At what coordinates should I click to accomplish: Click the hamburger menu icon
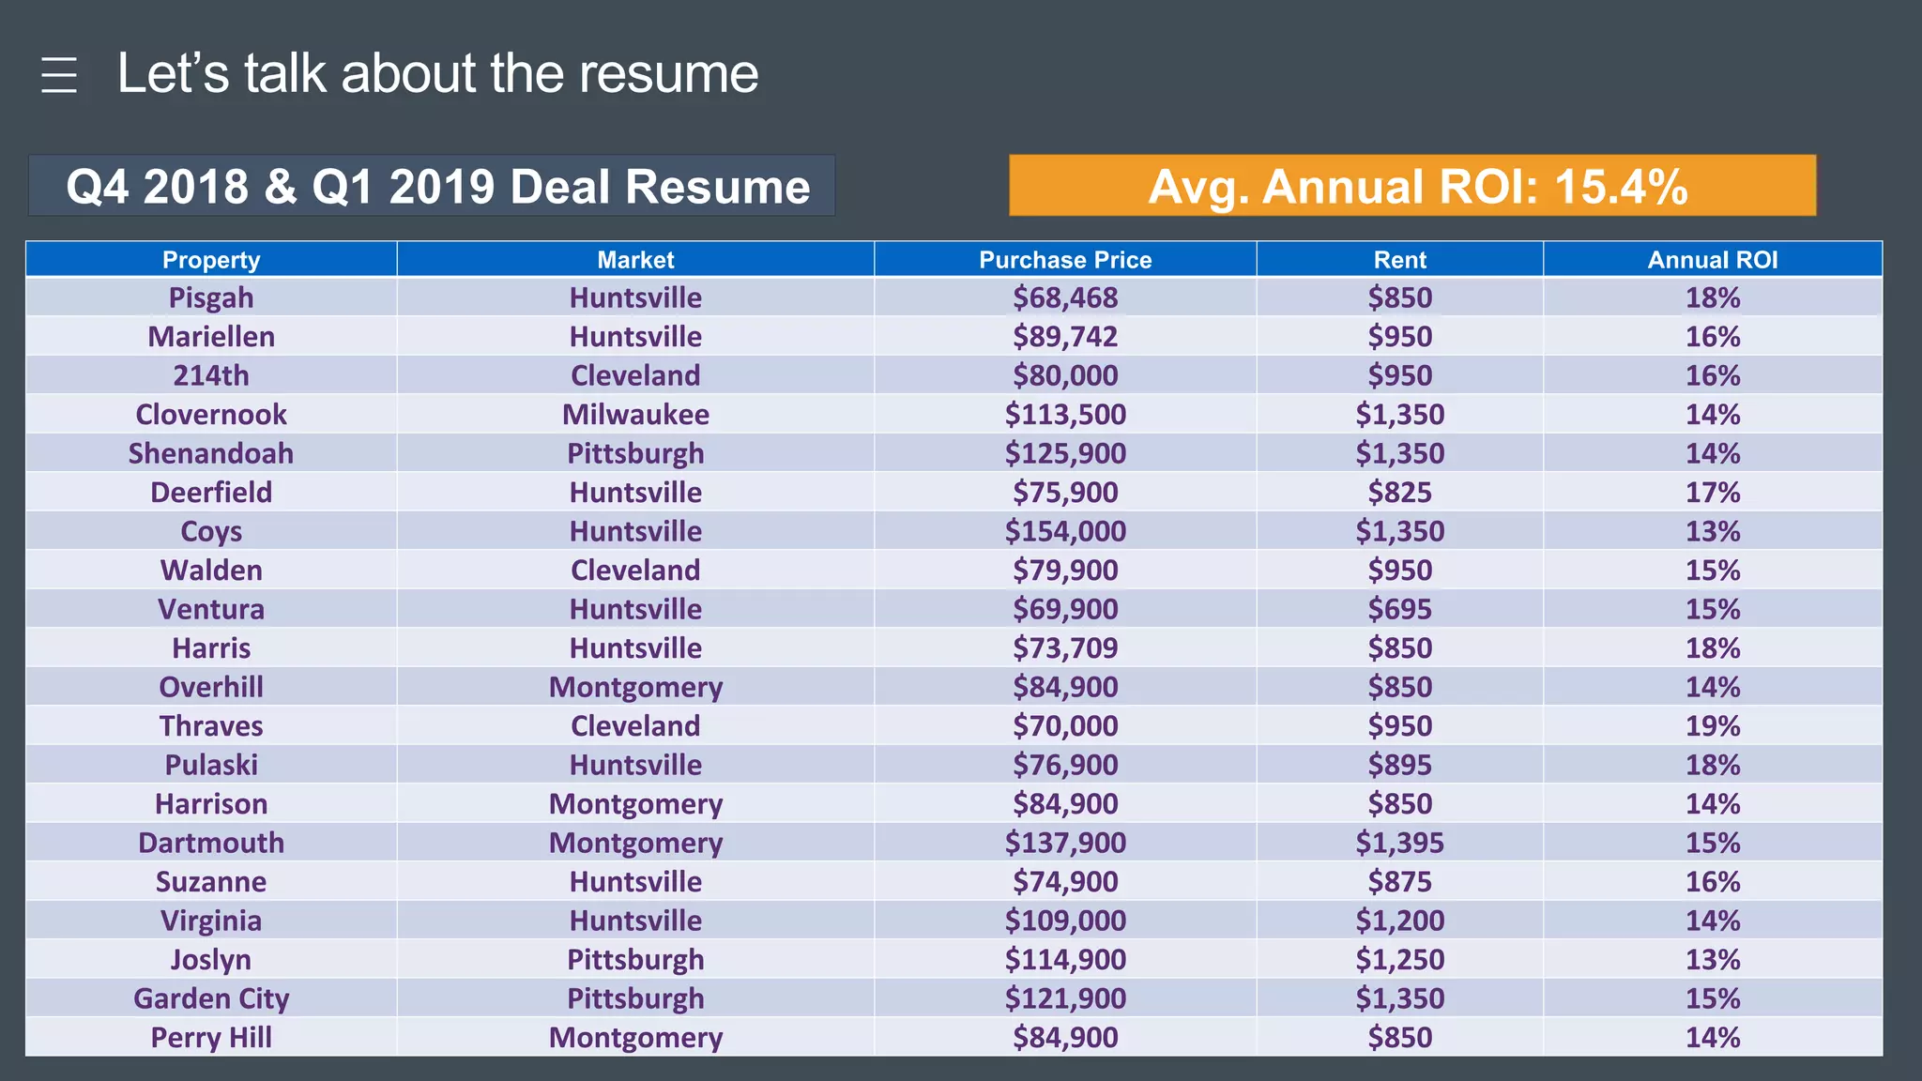point(59,75)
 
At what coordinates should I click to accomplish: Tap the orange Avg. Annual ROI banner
point(1412,186)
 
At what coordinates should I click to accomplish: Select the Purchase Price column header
point(1065,260)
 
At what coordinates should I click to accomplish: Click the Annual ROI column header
point(1713,260)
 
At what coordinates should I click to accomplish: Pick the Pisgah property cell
point(211,297)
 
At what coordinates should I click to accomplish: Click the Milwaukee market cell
point(635,415)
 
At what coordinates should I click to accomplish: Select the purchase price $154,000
point(1065,531)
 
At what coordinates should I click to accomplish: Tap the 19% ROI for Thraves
point(1713,726)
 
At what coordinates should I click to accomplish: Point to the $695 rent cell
point(1399,609)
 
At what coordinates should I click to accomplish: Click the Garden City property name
point(211,998)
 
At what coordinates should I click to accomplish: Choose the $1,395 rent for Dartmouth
point(1399,843)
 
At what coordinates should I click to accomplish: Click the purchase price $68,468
point(1065,297)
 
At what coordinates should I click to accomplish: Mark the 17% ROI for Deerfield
point(1713,493)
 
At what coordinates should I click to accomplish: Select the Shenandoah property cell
point(211,453)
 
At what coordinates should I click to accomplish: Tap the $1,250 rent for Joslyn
point(1399,960)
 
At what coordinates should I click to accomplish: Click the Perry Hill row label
point(211,1038)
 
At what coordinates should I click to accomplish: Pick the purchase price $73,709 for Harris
point(1065,648)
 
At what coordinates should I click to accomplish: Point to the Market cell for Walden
point(635,571)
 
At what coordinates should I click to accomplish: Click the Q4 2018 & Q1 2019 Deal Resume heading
point(437,186)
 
